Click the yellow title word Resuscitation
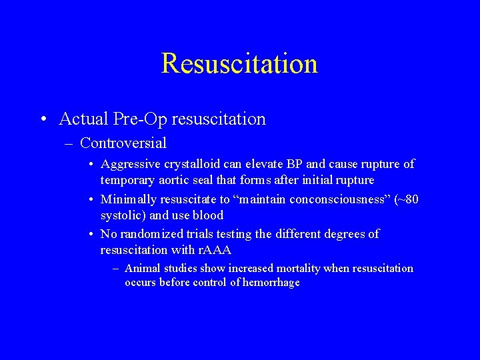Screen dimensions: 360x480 click(239, 63)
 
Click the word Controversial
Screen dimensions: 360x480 click(123, 143)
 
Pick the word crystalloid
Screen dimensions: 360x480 click(191, 164)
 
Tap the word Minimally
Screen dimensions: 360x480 click(127, 199)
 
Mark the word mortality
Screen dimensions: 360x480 click(293, 269)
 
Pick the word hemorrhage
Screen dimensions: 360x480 click(273, 283)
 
